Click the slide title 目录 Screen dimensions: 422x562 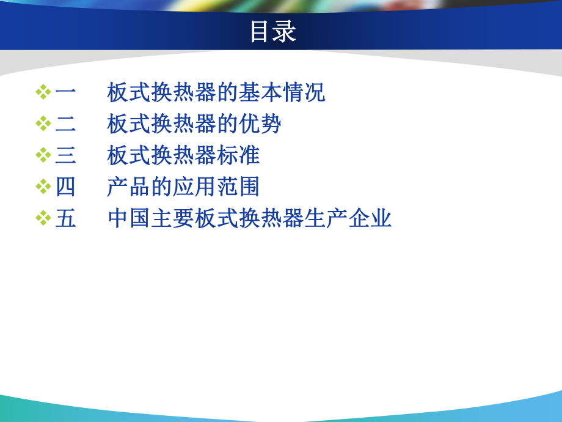(272, 32)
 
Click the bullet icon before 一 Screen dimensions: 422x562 (43, 93)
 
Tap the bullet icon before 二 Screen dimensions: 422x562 (43, 124)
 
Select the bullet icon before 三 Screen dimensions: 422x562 (43, 155)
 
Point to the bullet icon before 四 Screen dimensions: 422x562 (43, 187)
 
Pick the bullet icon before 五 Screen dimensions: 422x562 (43, 218)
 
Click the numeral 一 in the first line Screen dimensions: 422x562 (66, 93)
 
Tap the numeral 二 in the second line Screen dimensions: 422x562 (66, 124)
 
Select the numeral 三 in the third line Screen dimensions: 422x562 (66, 155)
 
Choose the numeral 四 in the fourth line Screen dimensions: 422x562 (66, 187)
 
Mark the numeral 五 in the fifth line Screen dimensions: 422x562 (66, 218)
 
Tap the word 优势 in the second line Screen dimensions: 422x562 (260, 124)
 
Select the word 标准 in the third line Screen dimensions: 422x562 (238, 155)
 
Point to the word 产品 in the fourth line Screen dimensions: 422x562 (129, 187)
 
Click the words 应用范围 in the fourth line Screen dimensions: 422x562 (216, 187)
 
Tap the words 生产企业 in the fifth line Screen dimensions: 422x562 (348, 218)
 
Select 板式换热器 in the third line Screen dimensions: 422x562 (161, 155)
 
